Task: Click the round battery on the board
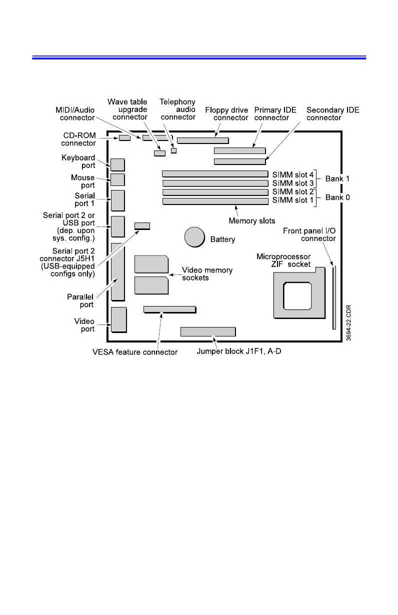[x=194, y=236]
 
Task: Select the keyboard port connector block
[x=117, y=165]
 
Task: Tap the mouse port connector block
[x=117, y=179]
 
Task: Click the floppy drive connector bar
[x=202, y=140]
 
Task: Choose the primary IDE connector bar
[x=239, y=150]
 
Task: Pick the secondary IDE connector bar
[x=239, y=161]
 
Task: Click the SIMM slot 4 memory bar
[x=215, y=174]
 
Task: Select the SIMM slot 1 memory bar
[x=215, y=201]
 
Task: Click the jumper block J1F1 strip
[x=208, y=331]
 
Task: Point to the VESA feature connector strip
[x=169, y=309]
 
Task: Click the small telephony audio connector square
[x=174, y=150]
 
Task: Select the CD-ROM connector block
[x=124, y=137]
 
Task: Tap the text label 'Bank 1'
[x=337, y=178]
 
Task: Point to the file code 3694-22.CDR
[x=348, y=323]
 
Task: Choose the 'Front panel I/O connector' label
[x=309, y=234]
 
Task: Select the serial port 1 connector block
[x=118, y=200]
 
